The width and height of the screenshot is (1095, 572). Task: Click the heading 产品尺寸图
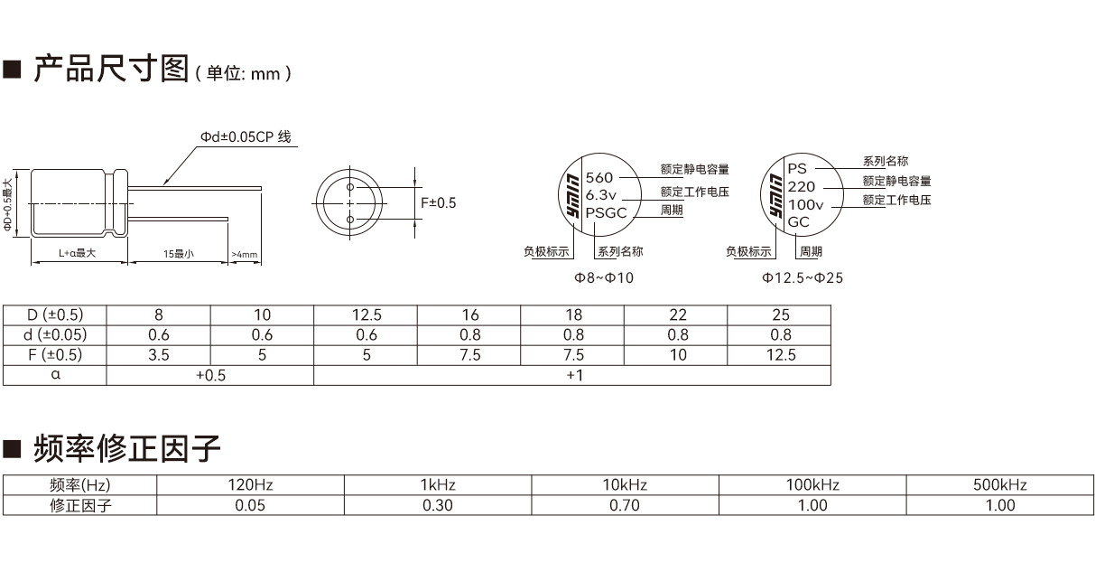[x=111, y=69]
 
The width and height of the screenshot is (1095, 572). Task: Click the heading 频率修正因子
[x=127, y=448]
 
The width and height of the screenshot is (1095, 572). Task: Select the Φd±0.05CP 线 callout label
[x=246, y=136]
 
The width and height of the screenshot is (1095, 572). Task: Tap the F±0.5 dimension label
[x=439, y=202]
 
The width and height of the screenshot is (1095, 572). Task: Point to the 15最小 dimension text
[x=179, y=254]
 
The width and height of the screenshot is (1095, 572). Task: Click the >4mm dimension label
[x=245, y=255]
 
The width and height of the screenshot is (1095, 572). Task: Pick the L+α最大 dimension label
[x=78, y=253]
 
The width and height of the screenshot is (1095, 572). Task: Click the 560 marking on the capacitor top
[x=599, y=177]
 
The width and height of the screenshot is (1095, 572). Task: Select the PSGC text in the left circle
[x=606, y=213]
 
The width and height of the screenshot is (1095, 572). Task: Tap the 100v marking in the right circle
[x=805, y=204]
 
